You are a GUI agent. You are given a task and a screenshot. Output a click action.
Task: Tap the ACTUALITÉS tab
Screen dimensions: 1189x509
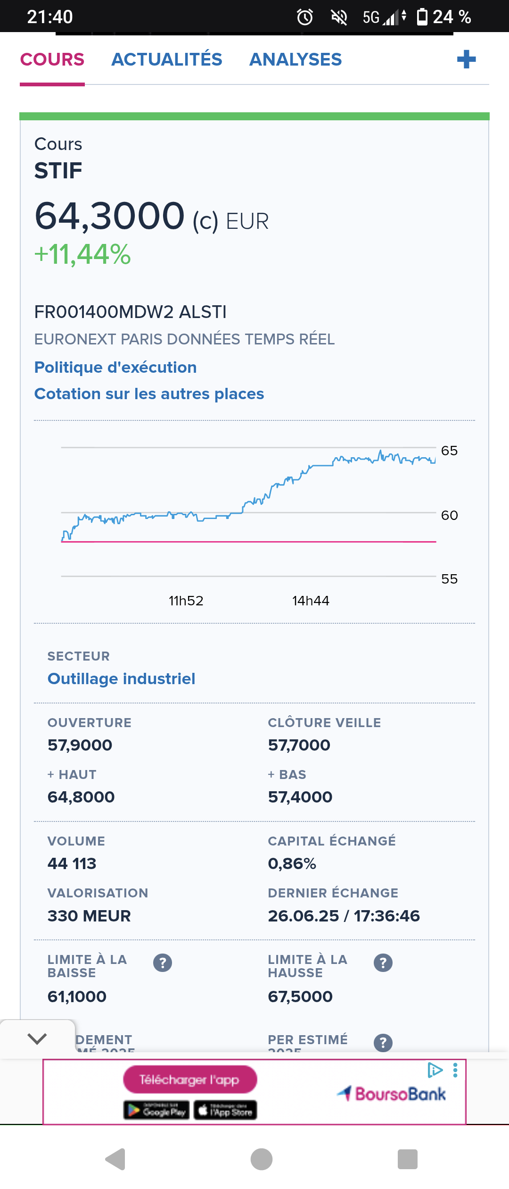click(166, 59)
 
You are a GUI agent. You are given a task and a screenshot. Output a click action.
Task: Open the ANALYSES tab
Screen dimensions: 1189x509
click(296, 59)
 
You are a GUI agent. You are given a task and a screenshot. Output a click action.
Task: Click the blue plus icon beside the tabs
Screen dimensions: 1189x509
click(466, 59)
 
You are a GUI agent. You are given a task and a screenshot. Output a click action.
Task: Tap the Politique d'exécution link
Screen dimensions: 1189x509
click(115, 367)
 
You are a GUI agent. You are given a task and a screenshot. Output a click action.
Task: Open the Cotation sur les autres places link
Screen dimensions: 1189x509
click(149, 394)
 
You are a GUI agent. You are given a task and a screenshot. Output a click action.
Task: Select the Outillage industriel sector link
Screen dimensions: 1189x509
click(121, 678)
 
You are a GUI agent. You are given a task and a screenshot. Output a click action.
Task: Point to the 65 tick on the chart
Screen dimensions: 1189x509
click(449, 451)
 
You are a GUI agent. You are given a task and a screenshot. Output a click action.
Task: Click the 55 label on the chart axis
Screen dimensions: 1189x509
click(449, 579)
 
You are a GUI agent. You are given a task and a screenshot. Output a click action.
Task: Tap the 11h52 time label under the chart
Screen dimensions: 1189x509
click(186, 601)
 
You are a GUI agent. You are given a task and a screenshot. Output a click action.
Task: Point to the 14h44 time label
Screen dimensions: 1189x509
click(311, 601)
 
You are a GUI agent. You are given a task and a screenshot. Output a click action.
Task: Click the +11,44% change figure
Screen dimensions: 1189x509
click(82, 254)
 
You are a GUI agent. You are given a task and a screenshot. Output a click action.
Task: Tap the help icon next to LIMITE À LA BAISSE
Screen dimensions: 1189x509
click(163, 963)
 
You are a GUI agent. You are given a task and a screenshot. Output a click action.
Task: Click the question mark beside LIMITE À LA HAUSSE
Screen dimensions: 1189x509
click(383, 963)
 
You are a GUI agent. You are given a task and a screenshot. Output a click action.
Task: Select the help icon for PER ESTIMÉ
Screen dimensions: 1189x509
click(383, 1043)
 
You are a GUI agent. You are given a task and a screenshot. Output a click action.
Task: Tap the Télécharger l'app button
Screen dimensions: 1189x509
click(190, 1080)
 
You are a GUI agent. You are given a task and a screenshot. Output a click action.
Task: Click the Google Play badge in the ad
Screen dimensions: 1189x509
click(156, 1110)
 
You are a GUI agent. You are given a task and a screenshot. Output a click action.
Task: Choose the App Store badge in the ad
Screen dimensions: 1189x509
click(225, 1110)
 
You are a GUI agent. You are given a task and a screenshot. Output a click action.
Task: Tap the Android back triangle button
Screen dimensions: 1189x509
click(115, 1159)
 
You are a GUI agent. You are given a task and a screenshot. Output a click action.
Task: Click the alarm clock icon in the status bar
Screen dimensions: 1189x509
click(305, 17)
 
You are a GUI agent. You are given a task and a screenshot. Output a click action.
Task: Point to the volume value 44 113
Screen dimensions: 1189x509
click(72, 863)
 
